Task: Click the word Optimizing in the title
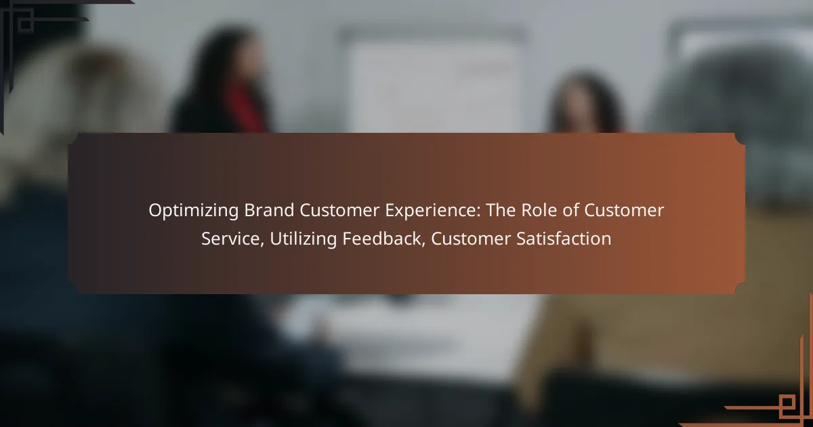(194, 211)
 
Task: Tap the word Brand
(269, 210)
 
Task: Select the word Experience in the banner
(433, 211)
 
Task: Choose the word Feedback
(384, 239)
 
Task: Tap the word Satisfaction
(564, 239)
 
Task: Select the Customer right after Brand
(339, 210)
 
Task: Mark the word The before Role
(501, 210)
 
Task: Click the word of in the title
(570, 210)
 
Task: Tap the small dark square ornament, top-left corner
(26, 24)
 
